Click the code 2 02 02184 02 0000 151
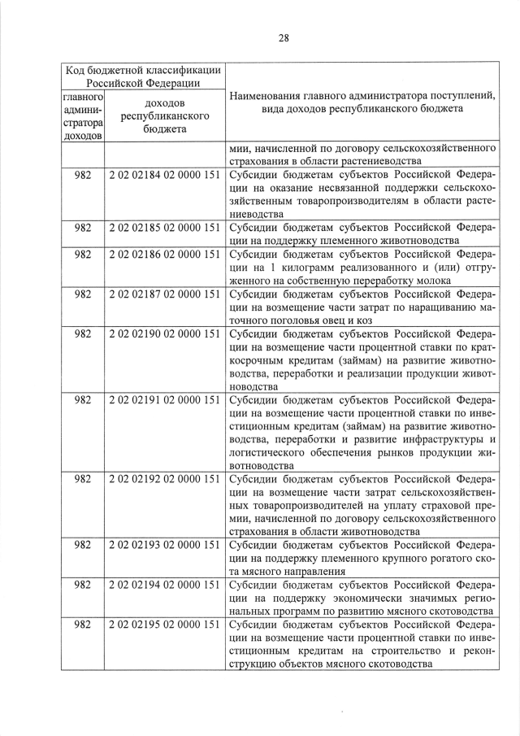coord(165,175)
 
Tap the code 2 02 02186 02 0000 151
coord(165,254)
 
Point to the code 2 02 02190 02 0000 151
coord(165,333)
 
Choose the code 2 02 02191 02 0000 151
coord(165,400)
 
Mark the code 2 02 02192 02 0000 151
coord(165,479)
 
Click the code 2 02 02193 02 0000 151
coord(165,545)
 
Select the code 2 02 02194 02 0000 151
coord(165,585)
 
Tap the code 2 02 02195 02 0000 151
coord(165,625)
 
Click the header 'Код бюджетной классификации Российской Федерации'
coord(142,76)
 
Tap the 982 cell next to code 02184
coord(82,175)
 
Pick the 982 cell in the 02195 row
coord(82,625)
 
